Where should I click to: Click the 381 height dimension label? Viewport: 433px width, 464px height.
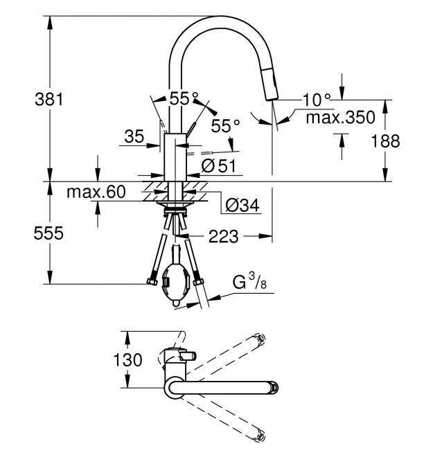[48, 99]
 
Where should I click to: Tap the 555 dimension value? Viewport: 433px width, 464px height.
[48, 233]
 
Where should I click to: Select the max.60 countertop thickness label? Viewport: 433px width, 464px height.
[96, 192]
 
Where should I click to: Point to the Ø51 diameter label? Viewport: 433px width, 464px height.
[219, 166]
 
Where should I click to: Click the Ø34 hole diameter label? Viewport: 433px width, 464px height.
[242, 205]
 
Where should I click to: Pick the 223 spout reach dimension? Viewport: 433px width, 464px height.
[224, 236]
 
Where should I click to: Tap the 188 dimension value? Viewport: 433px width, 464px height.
[385, 141]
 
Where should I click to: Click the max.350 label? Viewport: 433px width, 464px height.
[340, 118]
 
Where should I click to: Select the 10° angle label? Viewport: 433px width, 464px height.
[316, 100]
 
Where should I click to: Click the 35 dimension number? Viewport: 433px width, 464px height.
[134, 136]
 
